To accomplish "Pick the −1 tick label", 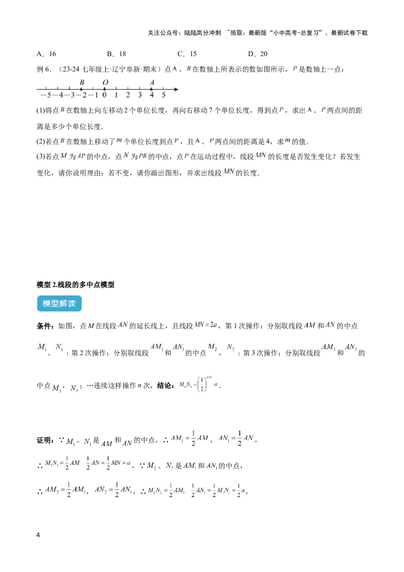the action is pyautogui.click(x=93, y=95).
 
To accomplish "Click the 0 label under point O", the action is pyautogui.click(x=105, y=95).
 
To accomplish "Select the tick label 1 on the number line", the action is pyautogui.click(x=116, y=95).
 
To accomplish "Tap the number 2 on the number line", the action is pyautogui.click(x=128, y=95).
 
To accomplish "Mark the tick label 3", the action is pyautogui.click(x=140, y=95).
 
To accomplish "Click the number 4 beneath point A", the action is pyautogui.click(x=151, y=95).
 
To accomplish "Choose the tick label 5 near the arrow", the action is pyautogui.click(x=164, y=95).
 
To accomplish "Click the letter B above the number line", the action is pyautogui.click(x=82, y=82).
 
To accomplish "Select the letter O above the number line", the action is pyautogui.click(x=105, y=82).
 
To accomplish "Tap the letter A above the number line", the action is pyautogui.click(x=152, y=82).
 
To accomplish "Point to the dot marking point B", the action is pyautogui.click(x=81, y=89).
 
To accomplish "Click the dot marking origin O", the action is pyautogui.click(x=105, y=89).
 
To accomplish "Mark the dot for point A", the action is pyautogui.click(x=151, y=89).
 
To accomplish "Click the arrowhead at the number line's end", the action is pyautogui.click(x=176, y=89).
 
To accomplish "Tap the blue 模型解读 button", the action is pyautogui.click(x=59, y=304).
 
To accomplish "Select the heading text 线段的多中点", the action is pyautogui.click(x=79, y=285).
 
